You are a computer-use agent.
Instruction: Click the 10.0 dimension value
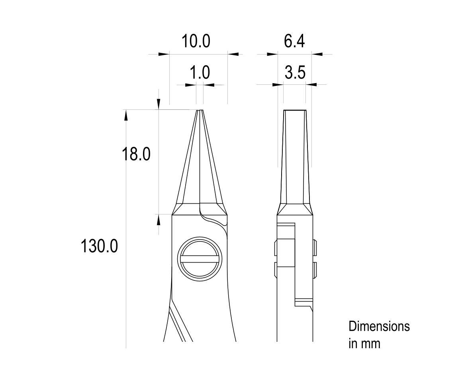pos(196,41)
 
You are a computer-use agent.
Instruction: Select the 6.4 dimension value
pos(294,41)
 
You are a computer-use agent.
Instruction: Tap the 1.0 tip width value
pos(200,73)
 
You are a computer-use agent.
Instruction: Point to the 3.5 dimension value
pos(295,73)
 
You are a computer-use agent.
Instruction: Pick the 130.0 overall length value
pos(99,246)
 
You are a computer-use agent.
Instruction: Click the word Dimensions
pos(379,326)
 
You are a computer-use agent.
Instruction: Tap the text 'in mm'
pos(364,343)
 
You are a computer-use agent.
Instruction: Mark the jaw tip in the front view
pos(200,111)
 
